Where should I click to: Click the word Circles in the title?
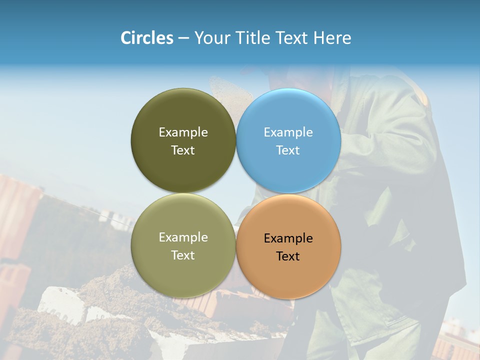pyautogui.click(x=147, y=38)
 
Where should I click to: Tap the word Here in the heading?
pyautogui.click(x=332, y=38)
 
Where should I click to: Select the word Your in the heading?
pyautogui.click(x=210, y=38)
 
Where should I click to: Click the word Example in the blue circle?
pyautogui.click(x=288, y=132)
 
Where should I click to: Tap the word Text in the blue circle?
pyautogui.click(x=288, y=150)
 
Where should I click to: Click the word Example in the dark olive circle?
pyautogui.click(x=183, y=132)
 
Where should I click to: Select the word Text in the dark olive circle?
pyautogui.click(x=183, y=150)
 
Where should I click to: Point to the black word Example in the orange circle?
pyautogui.click(x=288, y=238)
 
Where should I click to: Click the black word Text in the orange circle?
pyautogui.click(x=288, y=256)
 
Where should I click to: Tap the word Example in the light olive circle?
pyautogui.click(x=183, y=237)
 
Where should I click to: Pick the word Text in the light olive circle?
pyautogui.click(x=183, y=255)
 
